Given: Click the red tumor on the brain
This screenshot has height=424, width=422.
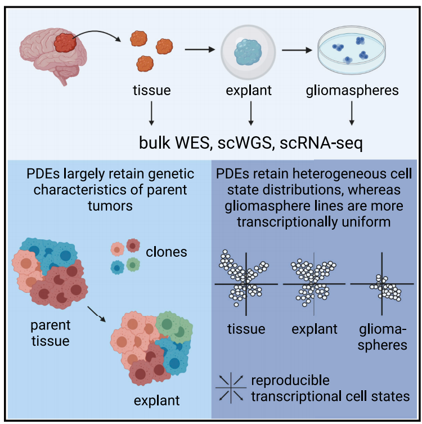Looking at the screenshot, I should click(x=66, y=43).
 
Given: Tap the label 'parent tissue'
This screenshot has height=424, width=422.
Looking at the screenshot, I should click(x=52, y=333).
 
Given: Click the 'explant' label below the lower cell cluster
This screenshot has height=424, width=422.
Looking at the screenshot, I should click(x=157, y=401).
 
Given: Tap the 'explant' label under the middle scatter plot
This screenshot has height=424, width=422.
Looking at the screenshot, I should click(x=315, y=328).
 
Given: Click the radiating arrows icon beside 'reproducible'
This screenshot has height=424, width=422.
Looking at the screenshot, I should click(x=231, y=389).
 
